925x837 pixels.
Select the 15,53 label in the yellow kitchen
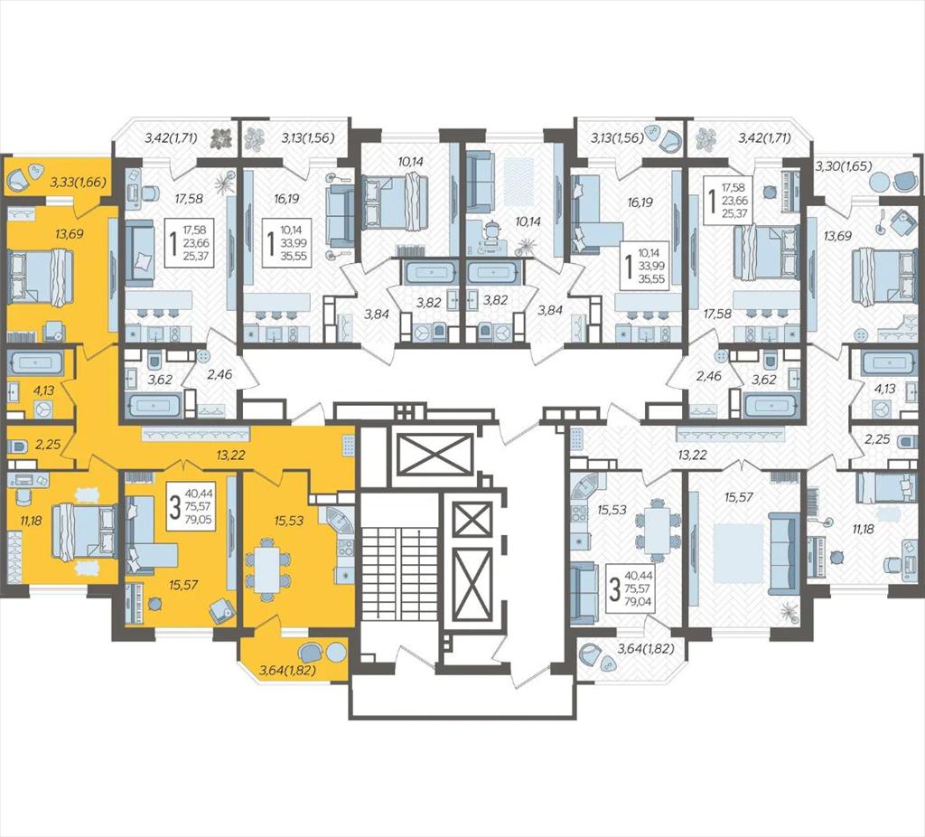pyautogui.click(x=289, y=521)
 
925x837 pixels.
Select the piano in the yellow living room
pyautogui.click(x=135, y=602)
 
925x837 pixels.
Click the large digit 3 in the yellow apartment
pyautogui.click(x=174, y=508)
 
